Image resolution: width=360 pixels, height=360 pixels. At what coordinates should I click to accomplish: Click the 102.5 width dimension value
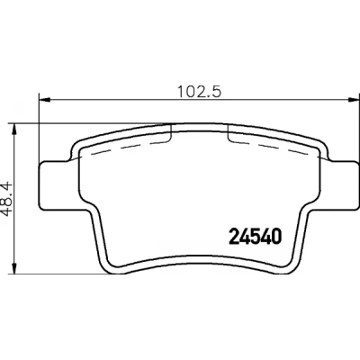point(200,91)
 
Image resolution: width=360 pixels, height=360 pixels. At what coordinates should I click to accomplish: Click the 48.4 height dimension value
point(6,198)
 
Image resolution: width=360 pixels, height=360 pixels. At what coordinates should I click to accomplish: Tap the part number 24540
point(256,236)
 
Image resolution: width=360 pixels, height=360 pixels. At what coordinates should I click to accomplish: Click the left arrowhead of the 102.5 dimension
point(44,99)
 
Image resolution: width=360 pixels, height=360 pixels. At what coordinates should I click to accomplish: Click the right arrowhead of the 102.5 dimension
point(354,99)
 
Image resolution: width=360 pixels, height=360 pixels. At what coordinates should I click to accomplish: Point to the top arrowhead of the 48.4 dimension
point(13,129)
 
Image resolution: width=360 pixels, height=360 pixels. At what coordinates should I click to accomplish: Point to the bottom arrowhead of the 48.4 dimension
point(13,268)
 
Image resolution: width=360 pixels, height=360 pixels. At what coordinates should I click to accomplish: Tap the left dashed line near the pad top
point(128,148)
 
